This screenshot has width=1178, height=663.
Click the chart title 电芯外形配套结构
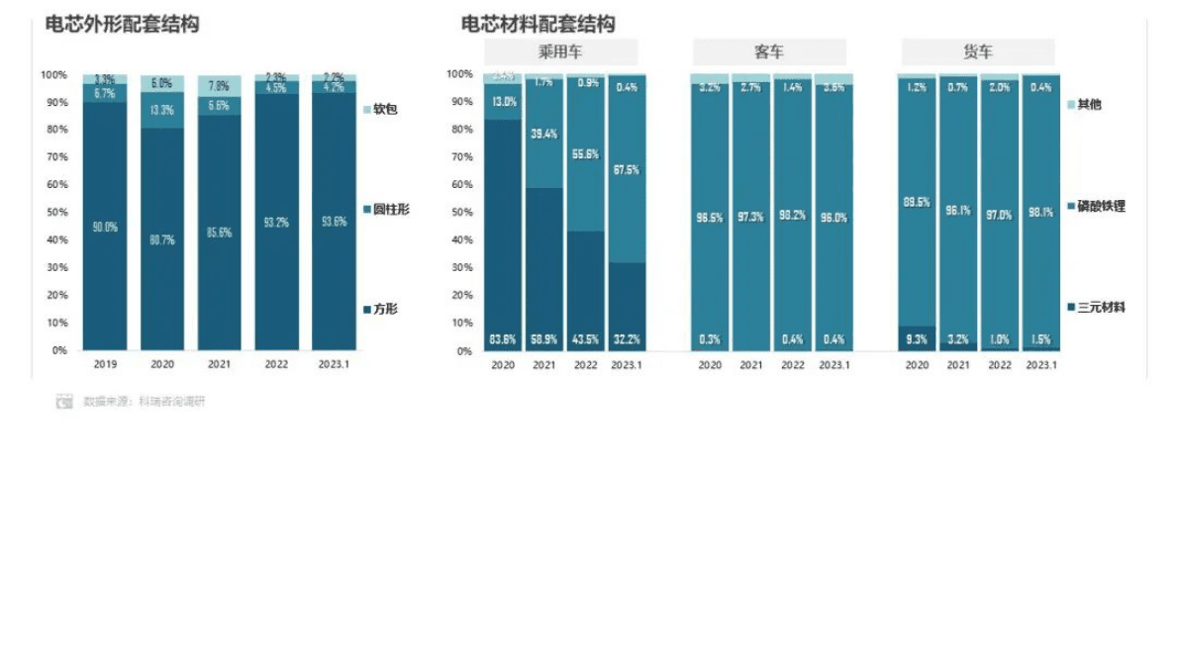tap(122, 24)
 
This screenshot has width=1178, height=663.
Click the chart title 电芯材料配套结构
tap(538, 24)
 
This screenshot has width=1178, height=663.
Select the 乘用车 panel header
tap(560, 52)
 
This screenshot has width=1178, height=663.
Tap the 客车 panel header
tap(768, 52)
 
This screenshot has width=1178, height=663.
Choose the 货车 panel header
tap(977, 52)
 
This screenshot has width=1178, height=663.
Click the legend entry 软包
tap(385, 109)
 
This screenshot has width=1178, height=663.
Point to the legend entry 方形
tap(385, 310)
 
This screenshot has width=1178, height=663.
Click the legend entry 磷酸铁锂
tap(1101, 206)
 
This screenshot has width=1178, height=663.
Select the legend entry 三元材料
tap(1101, 308)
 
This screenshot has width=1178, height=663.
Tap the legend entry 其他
tap(1089, 104)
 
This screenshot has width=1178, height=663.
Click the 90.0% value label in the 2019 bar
tap(105, 227)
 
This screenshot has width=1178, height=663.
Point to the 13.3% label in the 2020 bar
tap(162, 110)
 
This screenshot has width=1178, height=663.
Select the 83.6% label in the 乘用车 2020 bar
tap(504, 340)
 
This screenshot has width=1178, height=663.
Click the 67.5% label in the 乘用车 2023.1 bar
tap(626, 170)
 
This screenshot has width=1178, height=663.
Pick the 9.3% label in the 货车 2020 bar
tap(917, 340)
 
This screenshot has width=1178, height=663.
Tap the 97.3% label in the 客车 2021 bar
tap(751, 217)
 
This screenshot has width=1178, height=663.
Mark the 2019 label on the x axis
tap(105, 364)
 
